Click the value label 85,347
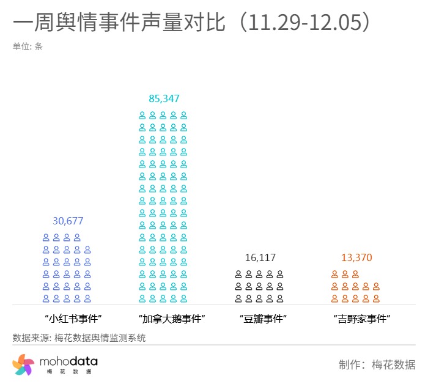164,98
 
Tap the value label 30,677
68,221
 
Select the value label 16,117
260,257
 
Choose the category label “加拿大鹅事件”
171,319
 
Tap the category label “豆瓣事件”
263,319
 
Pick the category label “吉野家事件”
362,319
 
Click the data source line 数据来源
79,338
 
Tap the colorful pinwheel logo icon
23,364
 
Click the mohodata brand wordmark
68,361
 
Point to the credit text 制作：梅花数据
377,365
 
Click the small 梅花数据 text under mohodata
68,372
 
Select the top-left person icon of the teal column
142,115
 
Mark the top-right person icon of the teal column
183,115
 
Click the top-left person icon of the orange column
334,274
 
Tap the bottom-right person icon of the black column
280,298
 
